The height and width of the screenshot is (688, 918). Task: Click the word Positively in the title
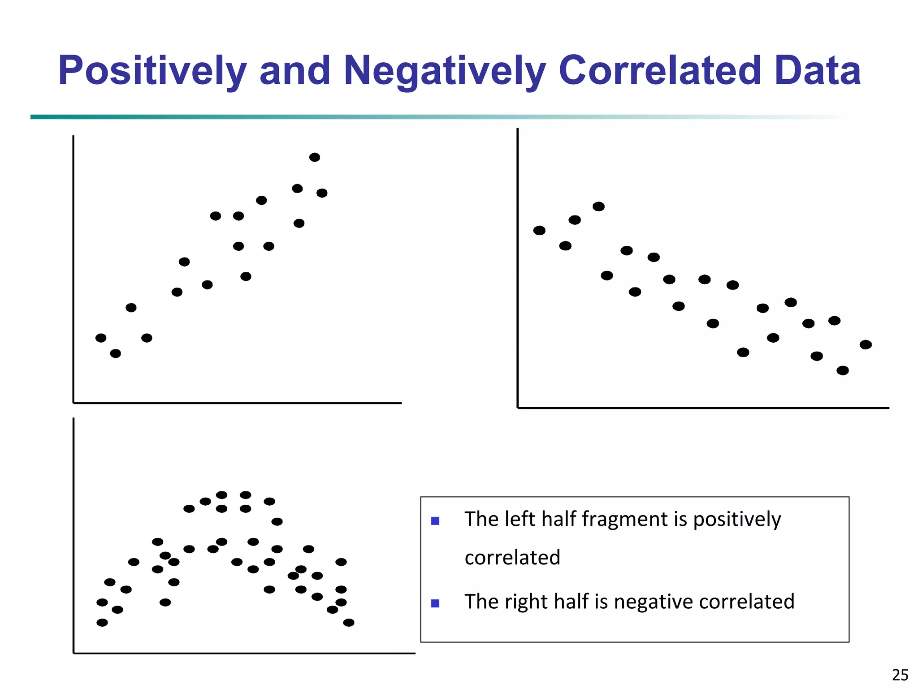click(x=152, y=71)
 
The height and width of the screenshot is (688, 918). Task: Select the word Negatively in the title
click(x=444, y=71)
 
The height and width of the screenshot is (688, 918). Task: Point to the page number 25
click(x=900, y=675)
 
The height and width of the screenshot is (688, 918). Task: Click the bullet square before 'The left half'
click(x=435, y=521)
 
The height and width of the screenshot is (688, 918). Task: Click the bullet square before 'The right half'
click(x=435, y=603)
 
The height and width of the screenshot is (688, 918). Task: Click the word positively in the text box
click(x=737, y=520)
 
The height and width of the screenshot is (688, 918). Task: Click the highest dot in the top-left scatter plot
click(x=315, y=157)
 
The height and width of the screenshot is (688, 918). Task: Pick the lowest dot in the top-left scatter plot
click(x=115, y=353)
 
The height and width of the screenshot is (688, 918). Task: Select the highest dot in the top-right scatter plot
click(x=598, y=206)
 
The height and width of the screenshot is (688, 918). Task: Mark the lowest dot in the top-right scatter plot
click(x=842, y=370)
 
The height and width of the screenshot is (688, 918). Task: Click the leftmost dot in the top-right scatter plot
click(x=539, y=230)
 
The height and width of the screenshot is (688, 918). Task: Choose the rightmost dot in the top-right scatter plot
click(x=866, y=344)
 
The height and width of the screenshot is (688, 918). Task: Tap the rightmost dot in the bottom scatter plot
click(x=348, y=623)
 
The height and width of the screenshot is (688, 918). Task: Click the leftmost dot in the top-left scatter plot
click(x=101, y=338)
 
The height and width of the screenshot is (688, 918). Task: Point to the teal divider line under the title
click(x=314, y=117)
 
